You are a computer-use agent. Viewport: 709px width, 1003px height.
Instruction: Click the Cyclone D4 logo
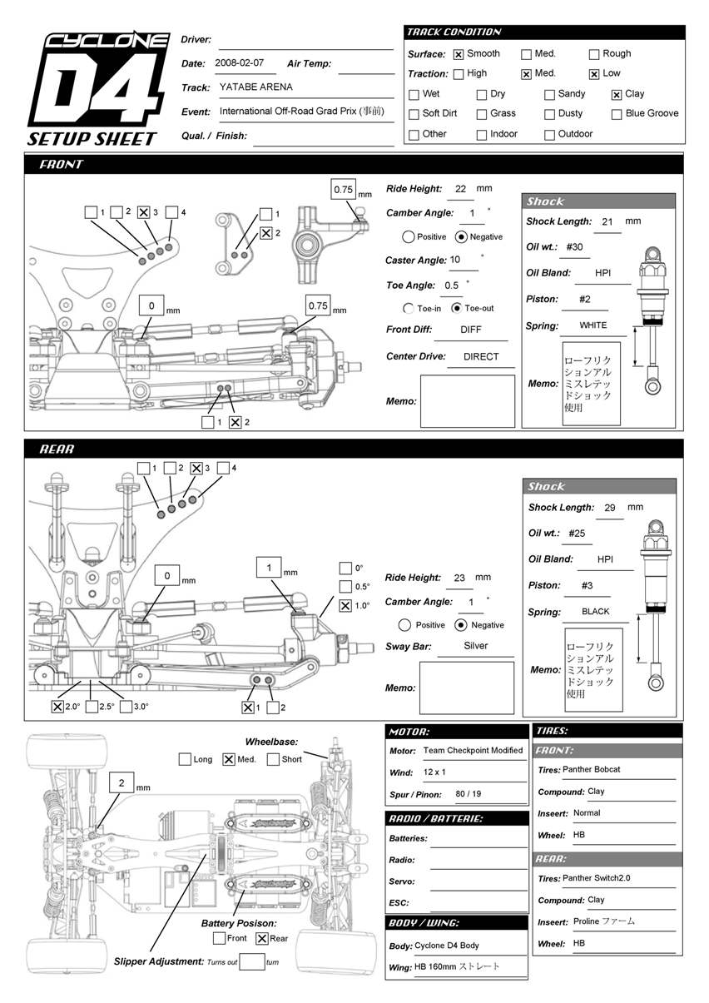(93, 88)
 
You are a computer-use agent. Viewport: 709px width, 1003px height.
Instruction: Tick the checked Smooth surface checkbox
(459, 55)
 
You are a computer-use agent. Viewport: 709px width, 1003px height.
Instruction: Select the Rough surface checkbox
(594, 55)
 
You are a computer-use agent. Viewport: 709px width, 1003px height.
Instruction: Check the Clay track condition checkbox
(617, 95)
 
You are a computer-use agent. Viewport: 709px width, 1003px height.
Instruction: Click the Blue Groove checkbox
(617, 114)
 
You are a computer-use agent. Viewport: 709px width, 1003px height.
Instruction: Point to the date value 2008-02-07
(239, 62)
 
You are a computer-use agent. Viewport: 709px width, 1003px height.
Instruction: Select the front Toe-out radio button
(456, 308)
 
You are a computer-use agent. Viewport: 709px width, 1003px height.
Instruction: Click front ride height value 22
(460, 189)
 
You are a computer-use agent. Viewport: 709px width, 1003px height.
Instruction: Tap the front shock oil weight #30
(574, 247)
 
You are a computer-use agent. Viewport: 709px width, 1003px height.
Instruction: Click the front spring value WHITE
(593, 325)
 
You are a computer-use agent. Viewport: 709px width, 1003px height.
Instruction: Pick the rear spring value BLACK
(596, 611)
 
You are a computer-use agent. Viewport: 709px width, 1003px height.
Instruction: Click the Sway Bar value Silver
(476, 646)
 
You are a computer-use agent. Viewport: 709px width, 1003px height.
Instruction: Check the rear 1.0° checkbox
(345, 606)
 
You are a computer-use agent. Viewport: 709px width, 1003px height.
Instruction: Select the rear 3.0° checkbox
(126, 707)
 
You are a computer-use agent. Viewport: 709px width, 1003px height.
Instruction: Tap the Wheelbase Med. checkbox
(229, 759)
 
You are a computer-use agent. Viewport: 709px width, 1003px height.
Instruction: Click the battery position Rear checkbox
(261, 938)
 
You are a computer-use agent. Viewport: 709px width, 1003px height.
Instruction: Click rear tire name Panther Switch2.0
(597, 878)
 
